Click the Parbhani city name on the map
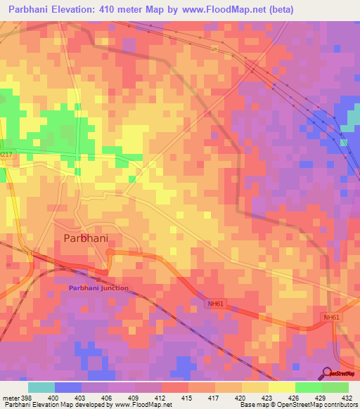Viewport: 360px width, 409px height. click(86, 238)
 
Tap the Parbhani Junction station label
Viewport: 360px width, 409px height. click(98, 287)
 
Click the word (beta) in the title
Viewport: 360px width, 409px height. click(277, 10)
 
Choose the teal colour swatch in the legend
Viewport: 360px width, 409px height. click(41, 387)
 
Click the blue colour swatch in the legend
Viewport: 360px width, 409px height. click(67, 387)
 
